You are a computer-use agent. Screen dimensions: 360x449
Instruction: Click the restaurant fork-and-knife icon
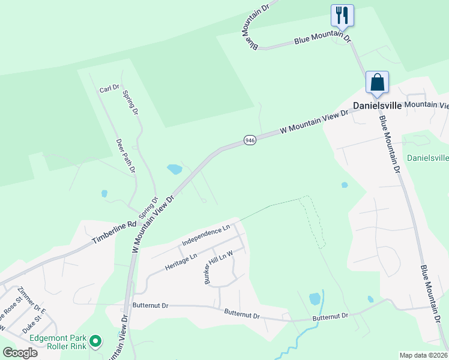pos(342,14)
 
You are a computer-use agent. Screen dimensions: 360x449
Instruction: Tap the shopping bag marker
pos(377,82)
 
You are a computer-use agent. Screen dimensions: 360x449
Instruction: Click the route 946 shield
pos(250,140)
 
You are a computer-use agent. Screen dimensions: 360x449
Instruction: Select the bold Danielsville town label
pos(376,105)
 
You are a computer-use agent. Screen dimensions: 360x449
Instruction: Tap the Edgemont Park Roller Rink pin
pos(95,342)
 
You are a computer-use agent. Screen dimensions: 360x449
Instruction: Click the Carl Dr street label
pos(109,89)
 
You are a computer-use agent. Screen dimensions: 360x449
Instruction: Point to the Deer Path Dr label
pos(125,155)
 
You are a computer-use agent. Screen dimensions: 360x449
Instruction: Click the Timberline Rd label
pos(112,233)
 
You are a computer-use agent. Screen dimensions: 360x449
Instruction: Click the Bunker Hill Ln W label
pos(218,268)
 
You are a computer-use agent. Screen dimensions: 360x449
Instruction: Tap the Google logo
pos(20,352)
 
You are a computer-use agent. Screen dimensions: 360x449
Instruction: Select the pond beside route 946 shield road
pos(175,169)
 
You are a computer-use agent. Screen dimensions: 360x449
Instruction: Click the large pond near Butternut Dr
pos(315,298)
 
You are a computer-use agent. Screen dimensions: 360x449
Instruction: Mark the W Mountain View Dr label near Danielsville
pos(314,122)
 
